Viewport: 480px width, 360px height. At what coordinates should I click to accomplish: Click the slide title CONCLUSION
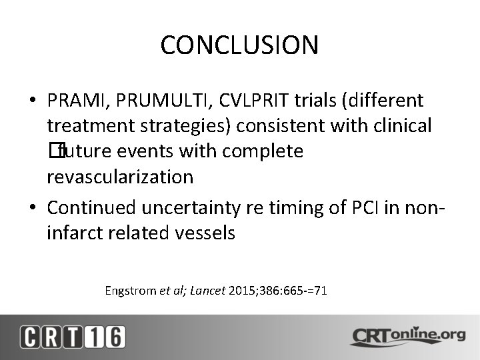239,45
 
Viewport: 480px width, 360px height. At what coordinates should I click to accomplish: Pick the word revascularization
120,177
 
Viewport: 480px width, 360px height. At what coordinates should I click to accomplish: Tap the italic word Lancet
208,291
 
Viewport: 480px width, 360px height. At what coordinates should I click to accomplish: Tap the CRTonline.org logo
406,335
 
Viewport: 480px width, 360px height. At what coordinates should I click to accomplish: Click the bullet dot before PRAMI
33,101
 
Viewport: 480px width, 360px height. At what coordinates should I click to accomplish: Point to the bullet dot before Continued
33,208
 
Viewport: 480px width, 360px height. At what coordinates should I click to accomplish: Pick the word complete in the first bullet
263,151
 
